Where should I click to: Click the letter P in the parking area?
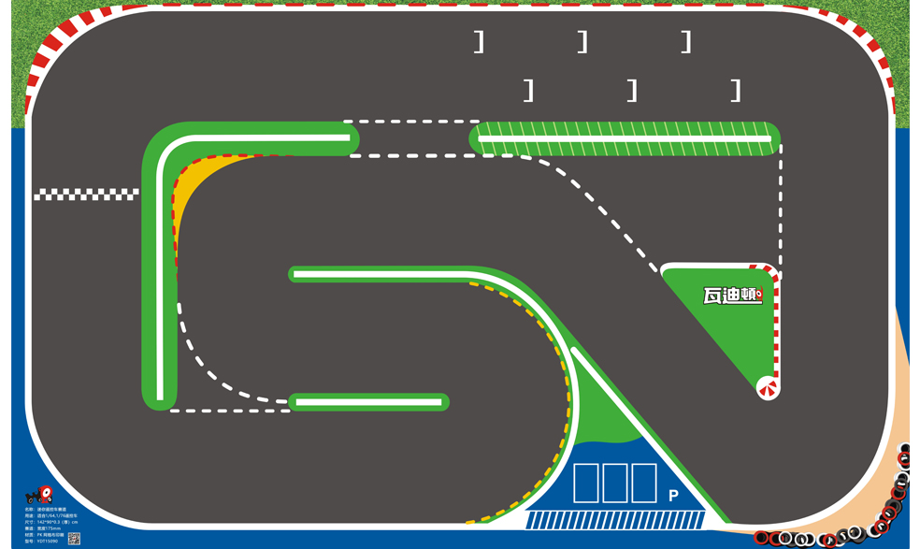tap(673, 497)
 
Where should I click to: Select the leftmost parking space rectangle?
tap(585, 483)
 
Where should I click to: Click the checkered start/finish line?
tap(86, 195)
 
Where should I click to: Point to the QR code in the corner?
tap(74, 539)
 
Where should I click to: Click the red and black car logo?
tap(38, 495)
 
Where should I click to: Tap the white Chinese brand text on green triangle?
tap(733, 296)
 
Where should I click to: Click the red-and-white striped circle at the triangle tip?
tap(768, 387)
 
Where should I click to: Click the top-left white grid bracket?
tap(481, 42)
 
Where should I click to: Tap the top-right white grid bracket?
tap(687, 42)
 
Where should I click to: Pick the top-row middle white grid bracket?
tap(583, 42)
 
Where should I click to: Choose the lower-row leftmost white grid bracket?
tap(530, 91)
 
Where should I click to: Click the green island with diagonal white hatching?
tap(625, 138)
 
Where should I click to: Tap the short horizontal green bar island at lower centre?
tap(368, 402)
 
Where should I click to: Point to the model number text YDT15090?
tap(44, 541)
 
